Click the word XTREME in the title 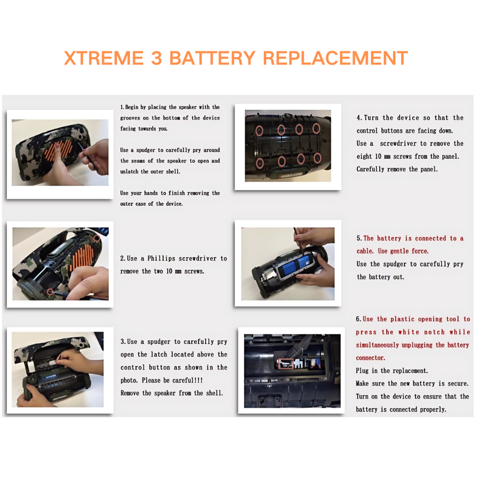coord(104,58)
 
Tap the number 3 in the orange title coord(157,58)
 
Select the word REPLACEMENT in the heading coord(335,58)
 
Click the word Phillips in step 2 coord(161,258)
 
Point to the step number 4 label coord(359,118)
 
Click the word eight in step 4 coord(364,157)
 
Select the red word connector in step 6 coord(370,358)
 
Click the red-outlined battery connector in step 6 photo coord(285,363)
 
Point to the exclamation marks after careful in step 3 coord(198,380)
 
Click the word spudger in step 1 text coord(146,150)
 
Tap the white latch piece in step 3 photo coord(52,363)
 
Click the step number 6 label coord(358,319)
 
